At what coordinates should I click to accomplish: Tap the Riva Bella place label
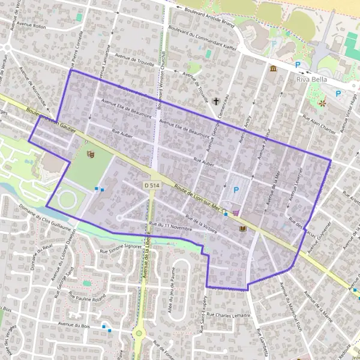click(315, 79)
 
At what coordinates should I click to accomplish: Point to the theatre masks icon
click(91, 155)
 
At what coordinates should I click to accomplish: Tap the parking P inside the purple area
click(236, 190)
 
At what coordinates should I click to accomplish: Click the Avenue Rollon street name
click(32, 25)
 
